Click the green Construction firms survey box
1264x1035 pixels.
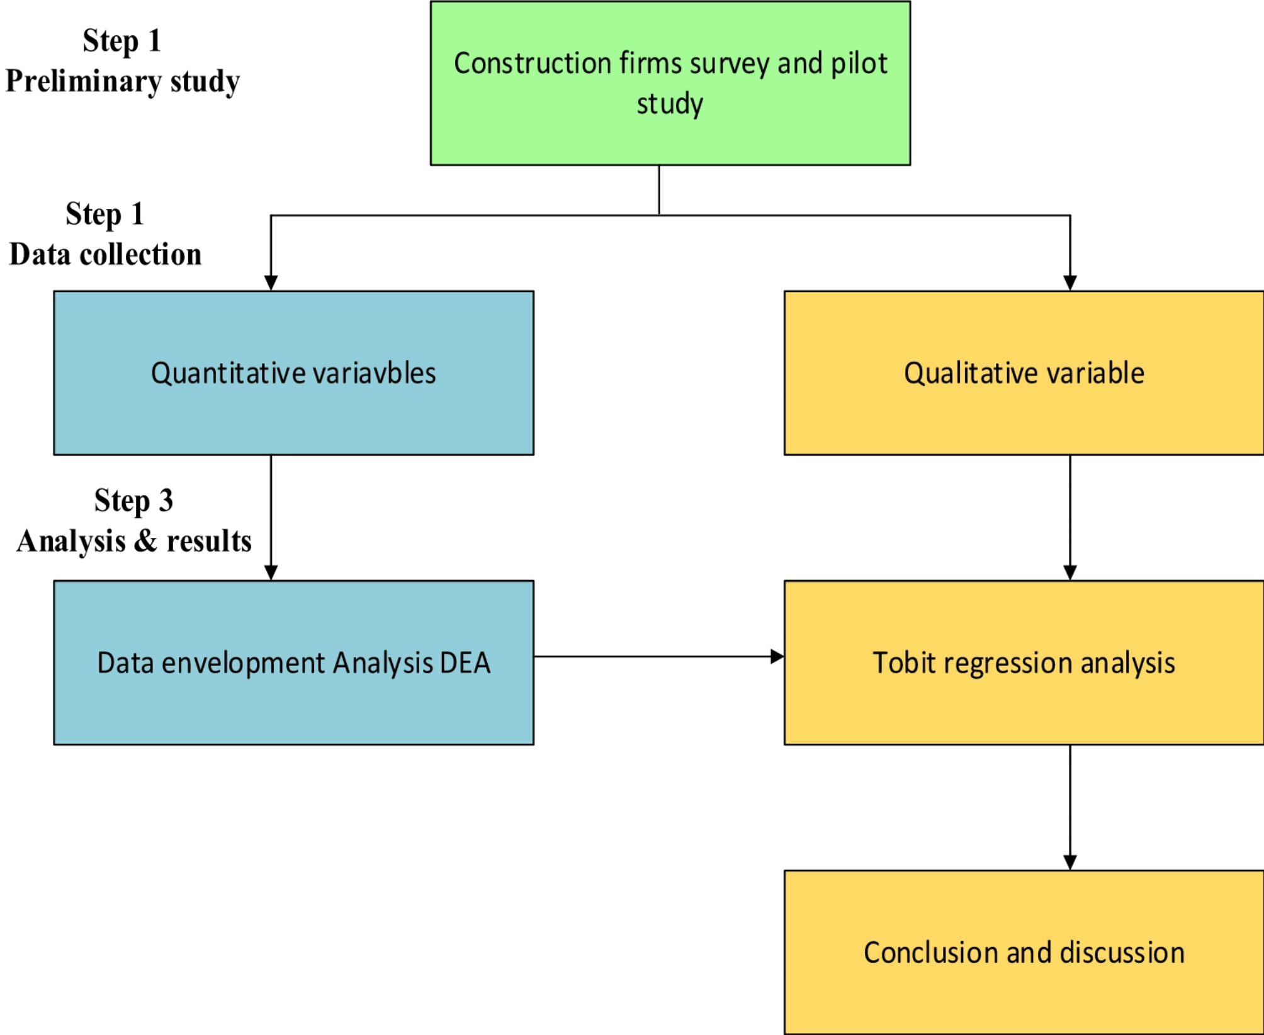670,83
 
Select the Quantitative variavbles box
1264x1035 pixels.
293,373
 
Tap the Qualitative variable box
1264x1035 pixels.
1024,373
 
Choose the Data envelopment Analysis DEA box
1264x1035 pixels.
293,663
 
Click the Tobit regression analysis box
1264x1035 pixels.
1024,663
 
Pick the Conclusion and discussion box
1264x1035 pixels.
1024,952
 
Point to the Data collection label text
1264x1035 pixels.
105,255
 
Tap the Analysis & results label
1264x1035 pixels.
133,541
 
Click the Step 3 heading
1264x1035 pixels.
133,501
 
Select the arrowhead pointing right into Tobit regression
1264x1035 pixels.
777,657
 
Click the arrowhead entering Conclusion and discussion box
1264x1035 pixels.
1069,863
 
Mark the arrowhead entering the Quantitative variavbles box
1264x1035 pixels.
271,283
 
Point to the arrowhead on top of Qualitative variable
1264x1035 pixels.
1069,283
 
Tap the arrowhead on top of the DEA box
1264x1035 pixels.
271,573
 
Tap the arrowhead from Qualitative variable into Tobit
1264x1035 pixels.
1069,573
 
